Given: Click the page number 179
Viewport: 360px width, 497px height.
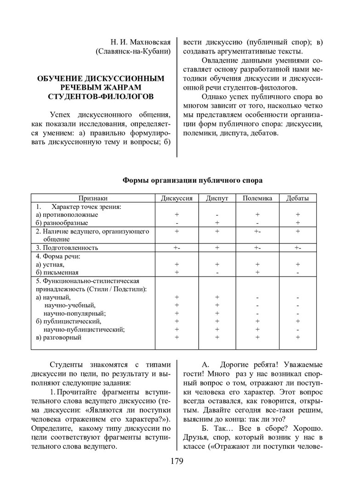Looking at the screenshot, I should pos(177,461).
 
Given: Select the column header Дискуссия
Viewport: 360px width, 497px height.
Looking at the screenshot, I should pos(176,198).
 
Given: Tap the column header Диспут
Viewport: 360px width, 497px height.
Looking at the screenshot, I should pos(217,198).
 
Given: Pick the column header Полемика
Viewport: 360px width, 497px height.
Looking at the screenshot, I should pos(257,198).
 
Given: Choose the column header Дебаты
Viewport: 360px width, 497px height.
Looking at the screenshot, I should pos(297,198).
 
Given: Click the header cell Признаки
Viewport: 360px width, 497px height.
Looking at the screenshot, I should pos(92,198).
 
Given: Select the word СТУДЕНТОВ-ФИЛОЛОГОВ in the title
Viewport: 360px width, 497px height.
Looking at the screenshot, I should pos(100,96).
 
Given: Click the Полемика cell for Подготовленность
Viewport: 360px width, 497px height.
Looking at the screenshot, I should pos(257,248).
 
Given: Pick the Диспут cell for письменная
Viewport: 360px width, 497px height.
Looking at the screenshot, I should pos(217,272).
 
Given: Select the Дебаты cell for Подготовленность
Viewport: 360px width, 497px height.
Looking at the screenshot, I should pos(297,248).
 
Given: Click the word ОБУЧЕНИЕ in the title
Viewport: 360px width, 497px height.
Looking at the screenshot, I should pos(57,79).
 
